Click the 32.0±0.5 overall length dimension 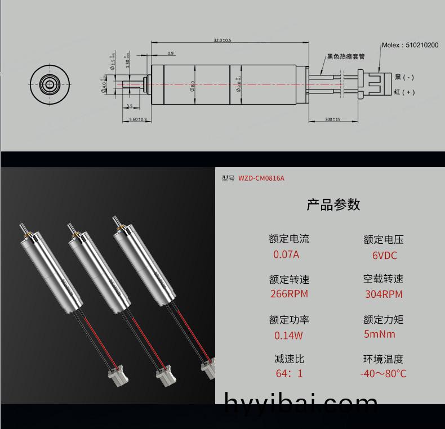click(222, 41)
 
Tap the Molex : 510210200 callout click(410, 45)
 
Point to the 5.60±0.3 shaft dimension click(138, 119)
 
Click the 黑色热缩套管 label click(346, 57)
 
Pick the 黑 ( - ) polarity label click(404, 77)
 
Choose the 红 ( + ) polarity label click(404, 92)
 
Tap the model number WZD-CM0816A click(261, 178)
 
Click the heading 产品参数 click(333, 204)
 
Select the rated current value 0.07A click(286, 254)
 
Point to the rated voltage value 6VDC click(384, 256)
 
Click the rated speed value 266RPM click(289, 294)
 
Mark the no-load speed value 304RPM click(384, 294)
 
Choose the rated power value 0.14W click(288, 336)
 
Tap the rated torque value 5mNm click(380, 334)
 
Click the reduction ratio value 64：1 click(289, 374)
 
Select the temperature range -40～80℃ click(383, 374)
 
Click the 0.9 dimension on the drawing click(171, 53)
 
